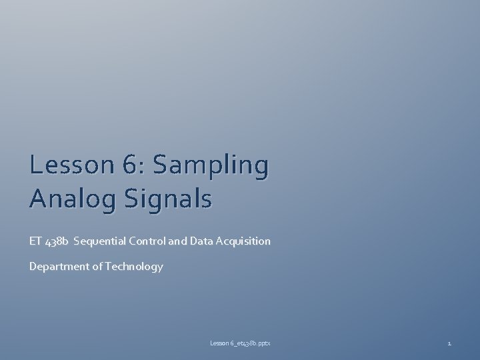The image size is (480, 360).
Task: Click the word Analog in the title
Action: tap(66, 199)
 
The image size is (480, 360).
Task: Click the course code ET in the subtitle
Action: tap(35, 241)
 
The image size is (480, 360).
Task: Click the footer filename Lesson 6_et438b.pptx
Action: tap(240, 343)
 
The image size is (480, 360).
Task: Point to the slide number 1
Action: tap(449, 343)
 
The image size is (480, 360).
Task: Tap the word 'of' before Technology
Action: tap(93, 267)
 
